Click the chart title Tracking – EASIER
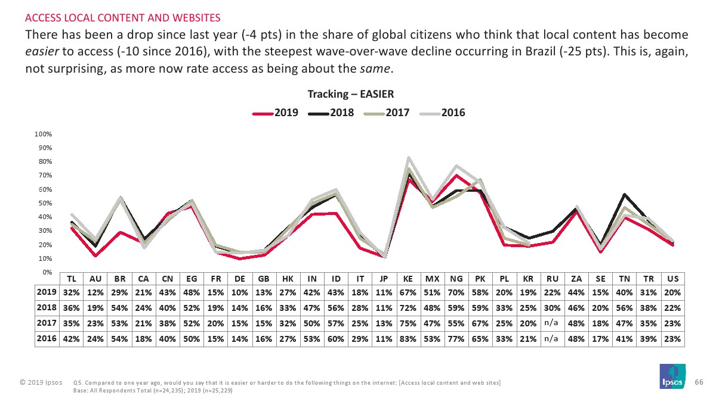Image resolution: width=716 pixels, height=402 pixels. coord(350,94)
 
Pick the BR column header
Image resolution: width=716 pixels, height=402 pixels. coord(119,279)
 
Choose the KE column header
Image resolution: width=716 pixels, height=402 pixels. coord(409,279)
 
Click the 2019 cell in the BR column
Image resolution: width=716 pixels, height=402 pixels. coord(119,292)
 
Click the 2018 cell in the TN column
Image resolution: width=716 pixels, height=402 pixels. coord(625,308)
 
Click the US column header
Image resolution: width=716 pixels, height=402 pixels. coord(672,279)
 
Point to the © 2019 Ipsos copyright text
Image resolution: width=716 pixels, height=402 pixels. coord(40,381)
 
